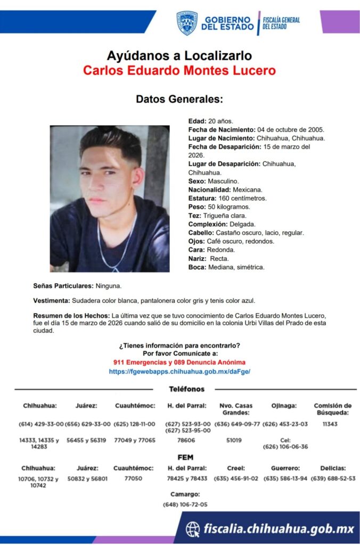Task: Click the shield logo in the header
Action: click(x=186, y=23)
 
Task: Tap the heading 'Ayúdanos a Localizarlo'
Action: click(x=179, y=55)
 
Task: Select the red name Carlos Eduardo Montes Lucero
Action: click(x=179, y=70)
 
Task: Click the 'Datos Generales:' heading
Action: click(x=179, y=99)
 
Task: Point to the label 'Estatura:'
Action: click(x=202, y=198)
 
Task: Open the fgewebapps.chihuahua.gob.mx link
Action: click(x=179, y=371)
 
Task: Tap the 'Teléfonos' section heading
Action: click(x=186, y=389)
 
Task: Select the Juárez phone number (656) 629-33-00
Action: click(x=87, y=424)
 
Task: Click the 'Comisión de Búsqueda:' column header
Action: click(x=333, y=409)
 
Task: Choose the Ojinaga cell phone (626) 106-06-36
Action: click(x=285, y=447)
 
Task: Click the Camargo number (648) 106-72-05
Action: click(x=185, y=504)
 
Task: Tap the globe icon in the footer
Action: click(x=193, y=529)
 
